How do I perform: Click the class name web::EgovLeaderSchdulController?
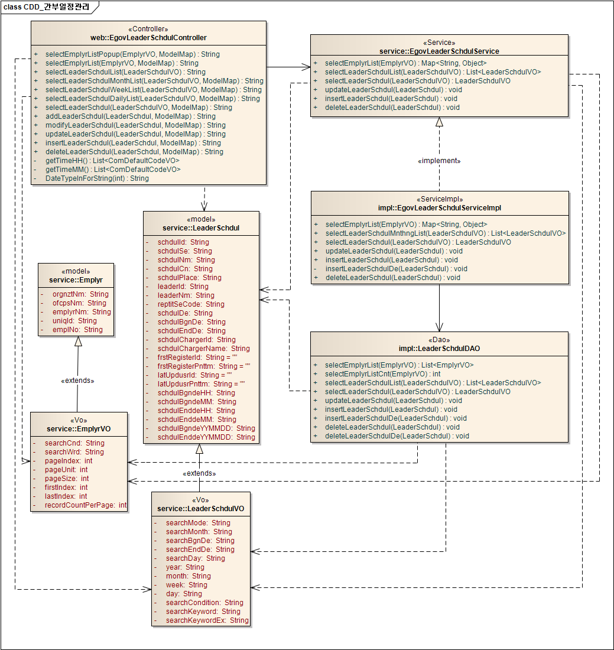tap(148, 37)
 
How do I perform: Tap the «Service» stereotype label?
tap(439, 43)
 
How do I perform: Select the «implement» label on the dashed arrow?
tap(439, 161)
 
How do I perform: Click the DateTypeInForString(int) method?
tap(97, 178)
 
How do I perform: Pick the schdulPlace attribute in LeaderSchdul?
tap(189, 278)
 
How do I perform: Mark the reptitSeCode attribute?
tap(191, 304)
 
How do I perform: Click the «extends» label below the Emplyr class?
tap(77, 381)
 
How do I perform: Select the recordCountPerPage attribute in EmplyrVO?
tap(86, 505)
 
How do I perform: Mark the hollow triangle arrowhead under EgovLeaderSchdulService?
tap(439, 122)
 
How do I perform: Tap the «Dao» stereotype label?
tap(439, 340)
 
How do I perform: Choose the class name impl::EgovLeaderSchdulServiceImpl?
tap(440, 208)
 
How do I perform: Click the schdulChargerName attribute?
tap(203, 349)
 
